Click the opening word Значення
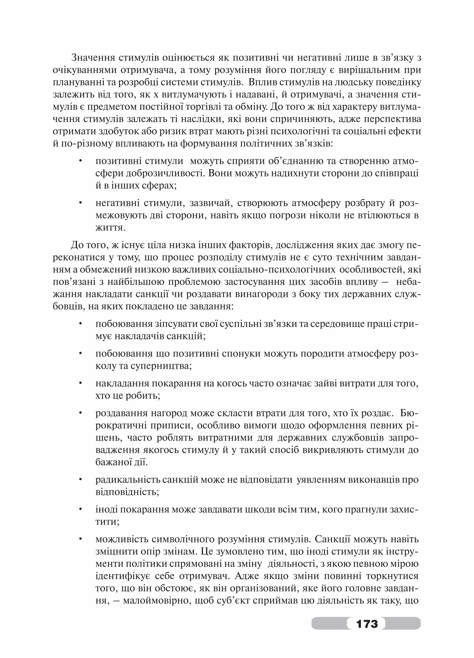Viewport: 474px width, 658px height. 93,58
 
